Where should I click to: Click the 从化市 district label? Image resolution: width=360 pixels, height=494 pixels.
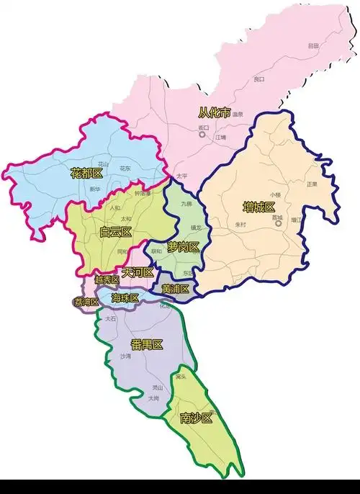click(x=215, y=113)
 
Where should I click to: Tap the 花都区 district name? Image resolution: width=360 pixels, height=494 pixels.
click(x=87, y=174)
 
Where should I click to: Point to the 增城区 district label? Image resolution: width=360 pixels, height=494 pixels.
click(x=259, y=207)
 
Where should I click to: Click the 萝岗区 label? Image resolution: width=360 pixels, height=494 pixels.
click(x=183, y=248)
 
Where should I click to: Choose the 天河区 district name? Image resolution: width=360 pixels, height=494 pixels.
click(x=138, y=272)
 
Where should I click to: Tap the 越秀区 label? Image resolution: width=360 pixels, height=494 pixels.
click(x=107, y=279)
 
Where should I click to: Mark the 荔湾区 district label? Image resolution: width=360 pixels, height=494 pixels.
click(x=86, y=302)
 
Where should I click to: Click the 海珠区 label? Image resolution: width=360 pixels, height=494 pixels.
click(x=125, y=297)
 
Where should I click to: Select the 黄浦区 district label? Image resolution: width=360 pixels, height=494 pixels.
click(x=175, y=289)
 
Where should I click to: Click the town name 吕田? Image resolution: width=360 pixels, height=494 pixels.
click(x=312, y=45)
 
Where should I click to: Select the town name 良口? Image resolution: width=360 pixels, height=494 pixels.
click(x=258, y=79)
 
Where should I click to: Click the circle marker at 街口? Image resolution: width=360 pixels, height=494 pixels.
click(x=202, y=134)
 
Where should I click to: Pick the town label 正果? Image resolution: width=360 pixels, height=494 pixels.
click(x=311, y=184)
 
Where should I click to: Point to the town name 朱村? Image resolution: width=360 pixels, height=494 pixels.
click(x=240, y=224)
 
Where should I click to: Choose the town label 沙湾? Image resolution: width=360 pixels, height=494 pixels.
click(x=126, y=356)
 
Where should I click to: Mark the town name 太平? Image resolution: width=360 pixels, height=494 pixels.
click(x=181, y=175)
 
